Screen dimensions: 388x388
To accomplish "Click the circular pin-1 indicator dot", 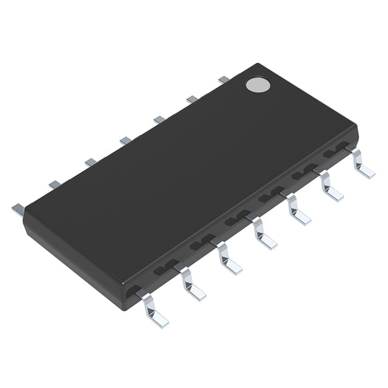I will (258, 85).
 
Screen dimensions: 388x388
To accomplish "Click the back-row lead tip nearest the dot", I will (223, 79).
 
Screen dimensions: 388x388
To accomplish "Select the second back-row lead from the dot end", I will (192, 99).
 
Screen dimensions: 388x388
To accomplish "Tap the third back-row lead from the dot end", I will (159, 119).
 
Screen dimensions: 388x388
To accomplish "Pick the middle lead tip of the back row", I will (125, 141).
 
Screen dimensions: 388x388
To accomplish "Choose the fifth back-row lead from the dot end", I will (91, 162).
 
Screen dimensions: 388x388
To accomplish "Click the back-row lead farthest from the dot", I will (18, 209).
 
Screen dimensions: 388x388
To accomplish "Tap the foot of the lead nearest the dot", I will (366, 172).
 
